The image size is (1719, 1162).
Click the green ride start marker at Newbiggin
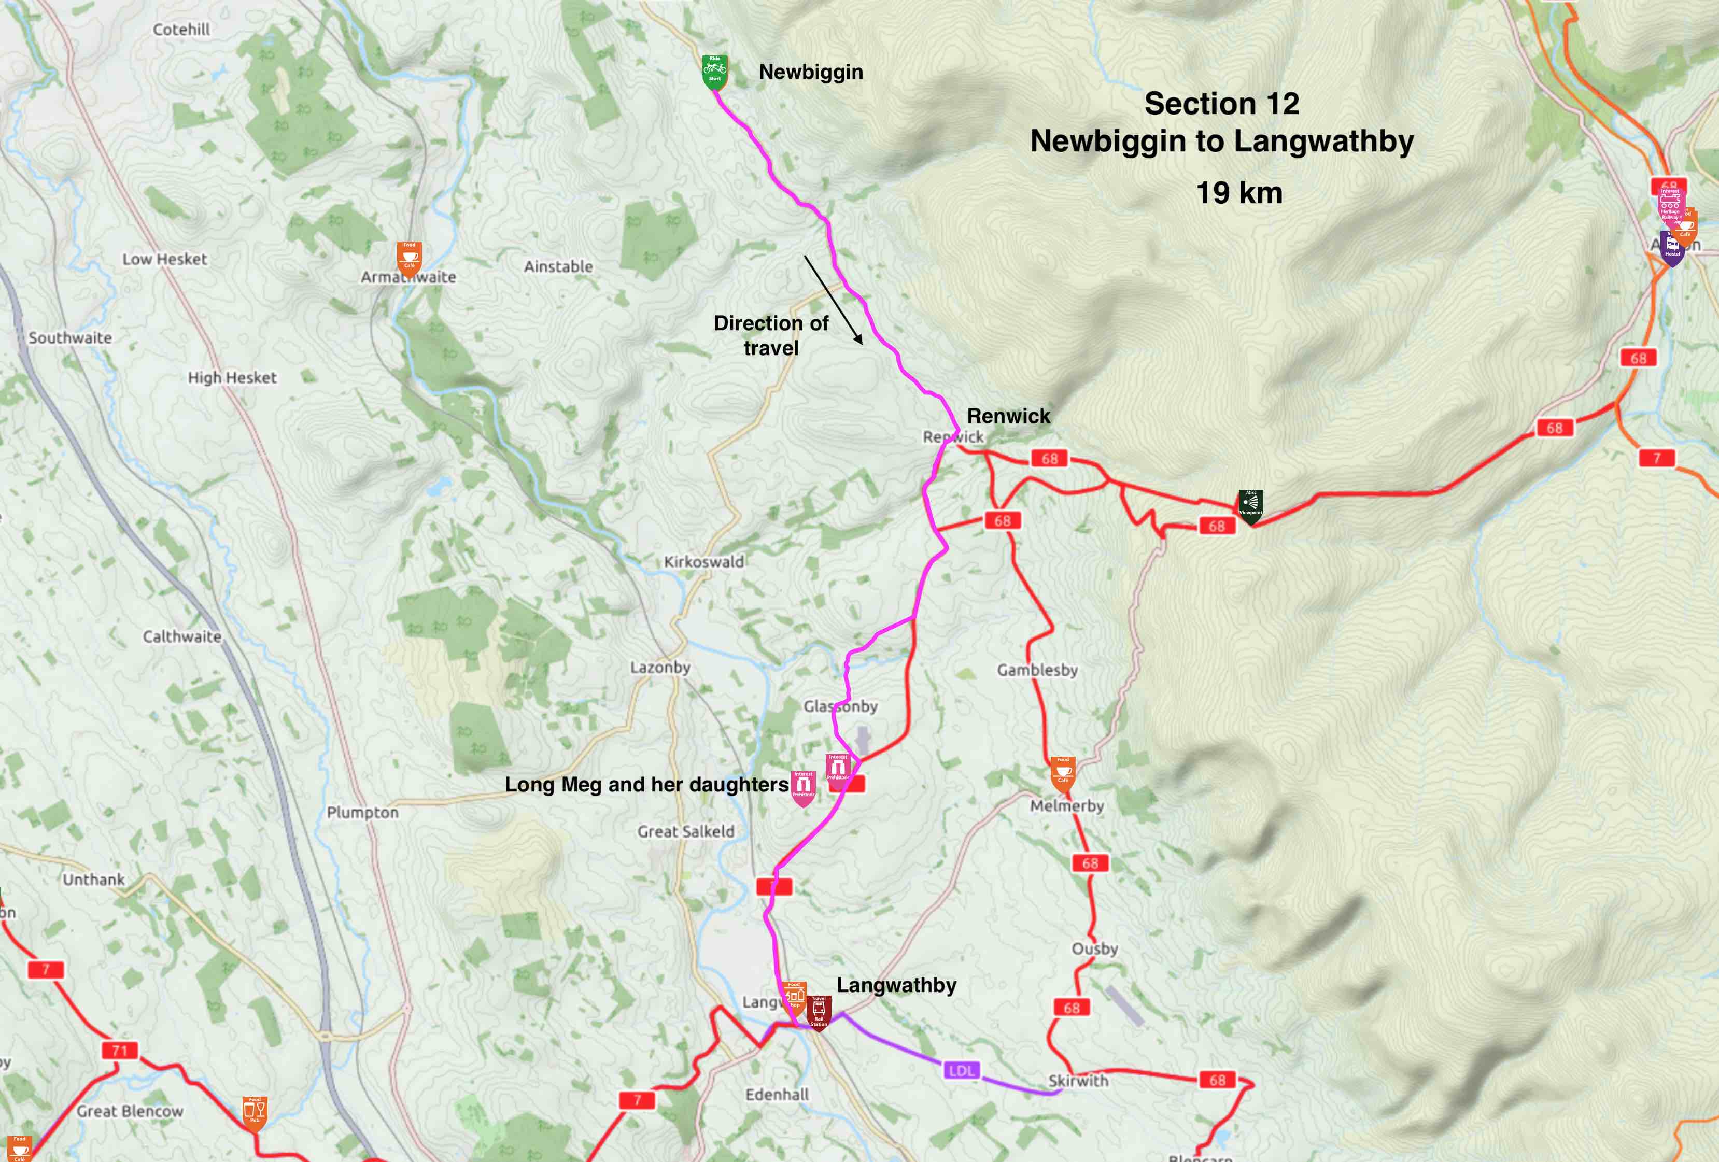[714, 72]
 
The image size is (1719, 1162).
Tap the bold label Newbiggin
[811, 72]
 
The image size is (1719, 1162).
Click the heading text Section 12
[1221, 104]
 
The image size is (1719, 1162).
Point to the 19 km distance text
[1239, 193]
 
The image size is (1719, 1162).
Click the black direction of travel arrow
[834, 300]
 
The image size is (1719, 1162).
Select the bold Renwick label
[1008, 416]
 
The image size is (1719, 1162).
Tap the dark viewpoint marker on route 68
[1250, 506]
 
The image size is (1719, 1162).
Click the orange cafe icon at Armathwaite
[409, 257]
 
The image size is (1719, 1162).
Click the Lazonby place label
[660, 667]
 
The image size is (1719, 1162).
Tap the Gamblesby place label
[1037, 670]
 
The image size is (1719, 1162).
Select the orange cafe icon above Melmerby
[1062, 772]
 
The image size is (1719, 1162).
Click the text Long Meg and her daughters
[646, 784]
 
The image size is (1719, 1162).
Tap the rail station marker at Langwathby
[819, 1010]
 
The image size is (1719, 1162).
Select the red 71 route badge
[120, 1051]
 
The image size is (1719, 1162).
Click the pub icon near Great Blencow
[255, 1112]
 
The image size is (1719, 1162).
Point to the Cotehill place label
[181, 30]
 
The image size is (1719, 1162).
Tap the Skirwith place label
[1078, 1081]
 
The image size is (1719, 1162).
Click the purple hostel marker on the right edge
[1672, 249]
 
